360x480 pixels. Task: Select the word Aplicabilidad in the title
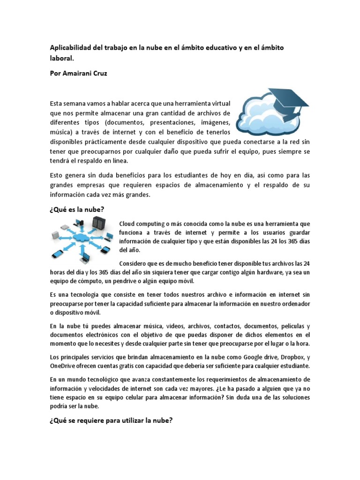72,48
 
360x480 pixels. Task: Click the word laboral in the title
61,59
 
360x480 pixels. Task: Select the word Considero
134,263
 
